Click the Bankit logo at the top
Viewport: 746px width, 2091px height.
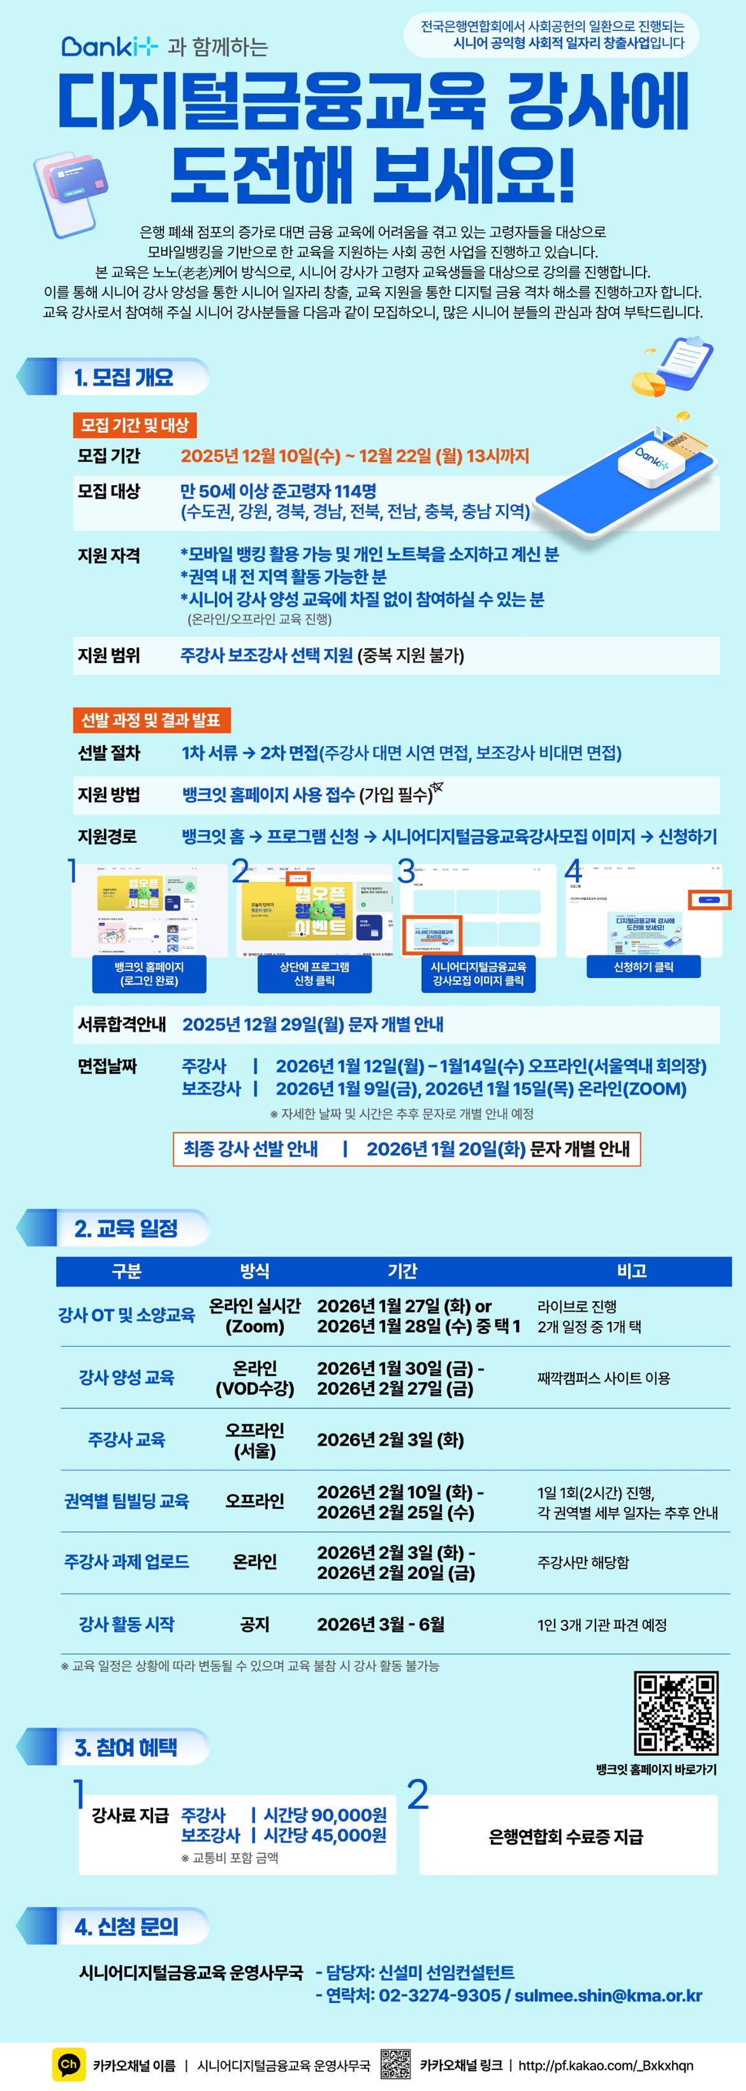pyautogui.click(x=110, y=47)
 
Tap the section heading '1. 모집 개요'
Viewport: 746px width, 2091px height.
pyautogui.click(x=124, y=378)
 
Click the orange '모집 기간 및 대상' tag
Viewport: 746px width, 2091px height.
pyautogui.click(x=135, y=425)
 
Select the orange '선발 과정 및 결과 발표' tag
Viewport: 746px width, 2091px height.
pyautogui.click(x=151, y=720)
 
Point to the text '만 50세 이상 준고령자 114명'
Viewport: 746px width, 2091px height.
pyautogui.click(x=277, y=491)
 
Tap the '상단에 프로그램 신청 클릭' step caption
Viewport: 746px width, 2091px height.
pyautogui.click(x=314, y=973)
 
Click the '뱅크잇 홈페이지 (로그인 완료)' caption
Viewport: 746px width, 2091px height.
pyautogui.click(x=149, y=973)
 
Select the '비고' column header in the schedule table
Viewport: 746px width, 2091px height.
pyautogui.click(x=631, y=1270)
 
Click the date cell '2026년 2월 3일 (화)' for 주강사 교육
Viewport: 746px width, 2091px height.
pyautogui.click(x=390, y=1439)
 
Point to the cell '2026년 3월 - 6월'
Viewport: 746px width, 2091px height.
pyautogui.click(x=380, y=1624)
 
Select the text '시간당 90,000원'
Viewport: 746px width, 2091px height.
pyautogui.click(x=325, y=1815)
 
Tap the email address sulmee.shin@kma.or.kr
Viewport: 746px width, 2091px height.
pyautogui.click(x=608, y=1995)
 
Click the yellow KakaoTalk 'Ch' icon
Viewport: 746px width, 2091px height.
pyautogui.click(x=69, y=2064)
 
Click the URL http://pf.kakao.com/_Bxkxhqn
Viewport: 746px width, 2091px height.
pyautogui.click(x=606, y=2065)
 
